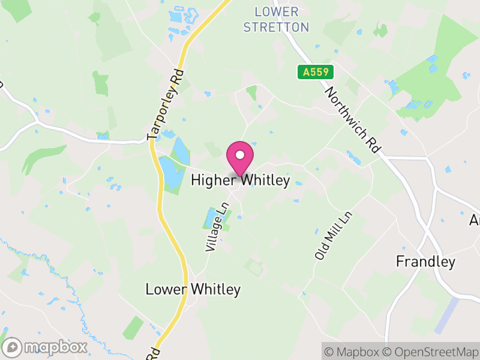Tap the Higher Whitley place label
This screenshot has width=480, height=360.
[240, 180]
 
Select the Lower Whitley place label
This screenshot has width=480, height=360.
[193, 290]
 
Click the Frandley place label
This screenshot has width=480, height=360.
[425, 262]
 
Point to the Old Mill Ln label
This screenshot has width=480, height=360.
[334, 235]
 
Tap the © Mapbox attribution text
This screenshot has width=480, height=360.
[351, 351]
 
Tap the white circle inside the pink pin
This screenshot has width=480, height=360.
[240, 155]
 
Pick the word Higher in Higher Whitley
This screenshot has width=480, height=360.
[210, 180]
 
